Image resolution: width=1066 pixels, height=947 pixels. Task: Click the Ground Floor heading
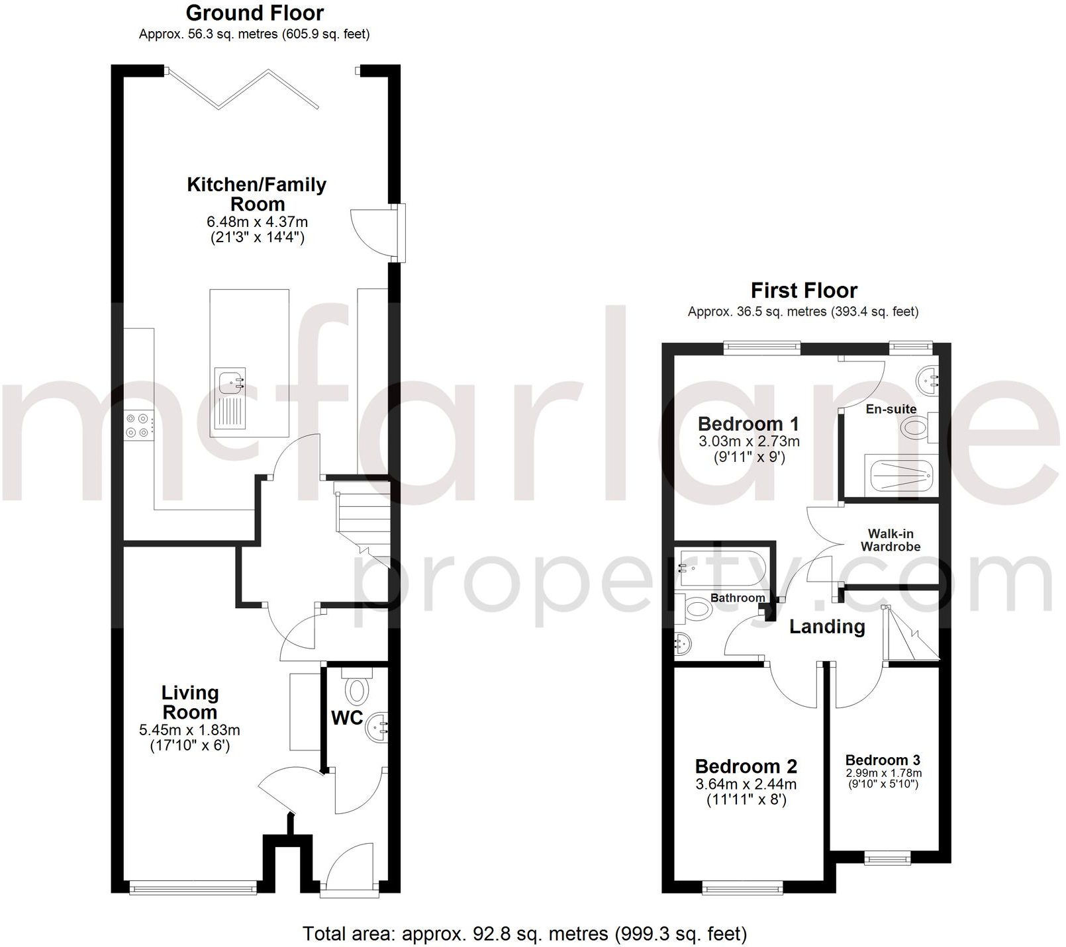(x=255, y=13)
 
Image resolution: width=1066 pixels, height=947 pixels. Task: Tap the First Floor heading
(x=804, y=291)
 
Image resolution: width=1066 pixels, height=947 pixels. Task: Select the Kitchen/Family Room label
(x=257, y=194)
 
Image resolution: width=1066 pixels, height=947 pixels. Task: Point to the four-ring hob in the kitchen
(x=137, y=425)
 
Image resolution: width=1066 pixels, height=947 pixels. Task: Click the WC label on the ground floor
(x=347, y=717)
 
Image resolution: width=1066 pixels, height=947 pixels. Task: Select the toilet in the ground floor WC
(x=358, y=689)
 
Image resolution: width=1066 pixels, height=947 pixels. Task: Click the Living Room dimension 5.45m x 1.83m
(x=189, y=731)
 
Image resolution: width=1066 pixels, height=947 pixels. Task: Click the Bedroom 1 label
(x=748, y=424)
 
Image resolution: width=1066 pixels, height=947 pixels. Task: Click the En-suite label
(x=891, y=409)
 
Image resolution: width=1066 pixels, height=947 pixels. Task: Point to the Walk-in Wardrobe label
(x=891, y=540)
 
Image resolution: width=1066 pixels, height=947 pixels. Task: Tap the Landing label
(x=827, y=627)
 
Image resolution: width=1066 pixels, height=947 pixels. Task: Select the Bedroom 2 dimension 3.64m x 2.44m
(x=746, y=785)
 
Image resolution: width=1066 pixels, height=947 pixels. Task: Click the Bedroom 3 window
(x=887, y=858)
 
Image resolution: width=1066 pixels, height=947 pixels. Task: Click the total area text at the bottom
(x=524, y=934)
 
